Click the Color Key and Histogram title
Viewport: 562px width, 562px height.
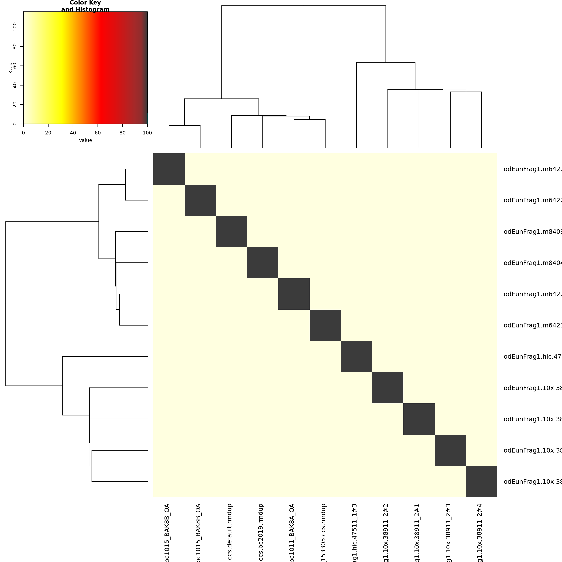(85, 6)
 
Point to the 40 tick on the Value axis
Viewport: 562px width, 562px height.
(73, 133)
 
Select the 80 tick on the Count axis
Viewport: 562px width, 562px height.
(15, 47)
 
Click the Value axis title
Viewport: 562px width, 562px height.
(85, 140)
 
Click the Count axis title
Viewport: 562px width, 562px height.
(11, 68)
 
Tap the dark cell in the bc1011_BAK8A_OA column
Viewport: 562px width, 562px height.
(294, 294)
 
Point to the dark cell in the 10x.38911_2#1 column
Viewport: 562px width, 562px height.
(419, 419)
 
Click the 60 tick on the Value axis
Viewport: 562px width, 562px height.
(98, 133)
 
